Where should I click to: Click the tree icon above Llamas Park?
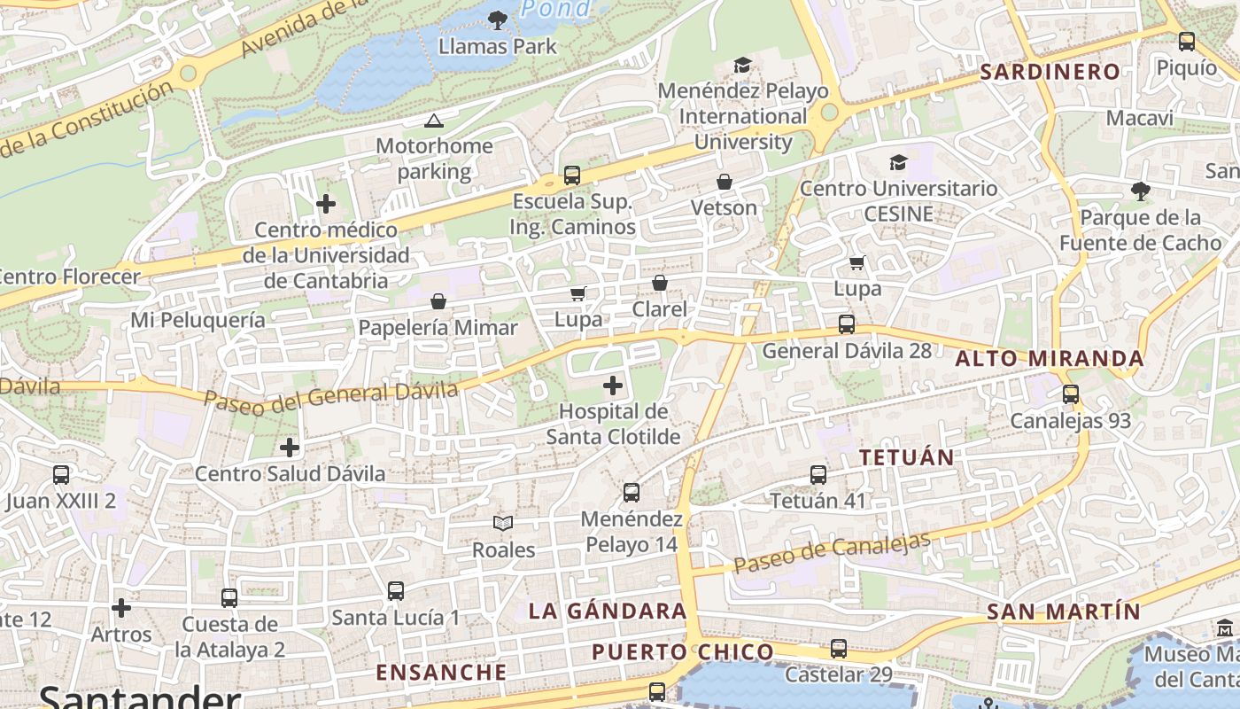(498, 19)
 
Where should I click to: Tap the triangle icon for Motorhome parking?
(433, 121)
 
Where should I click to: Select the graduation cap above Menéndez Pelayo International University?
(742, 66)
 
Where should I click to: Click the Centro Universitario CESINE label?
(898, 201)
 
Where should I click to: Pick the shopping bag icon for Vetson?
(725, 182)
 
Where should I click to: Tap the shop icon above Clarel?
(660, 283)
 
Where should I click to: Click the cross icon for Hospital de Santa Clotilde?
(612, 386)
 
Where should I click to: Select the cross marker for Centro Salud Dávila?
(290, 448)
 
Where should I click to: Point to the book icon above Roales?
(503, 524)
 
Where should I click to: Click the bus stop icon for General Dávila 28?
(847, 324)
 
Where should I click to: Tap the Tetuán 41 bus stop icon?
(818, 475)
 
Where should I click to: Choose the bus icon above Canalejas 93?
(1071, 394)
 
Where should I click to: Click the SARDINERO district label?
(1050, 73)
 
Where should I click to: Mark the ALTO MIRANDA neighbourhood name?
(1050, 359)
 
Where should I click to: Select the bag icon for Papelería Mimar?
(438, 302)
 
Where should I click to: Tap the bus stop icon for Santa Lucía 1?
(396, 590)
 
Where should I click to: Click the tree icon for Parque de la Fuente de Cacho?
(1141, 191)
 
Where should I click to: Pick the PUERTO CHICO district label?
(683, 653)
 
